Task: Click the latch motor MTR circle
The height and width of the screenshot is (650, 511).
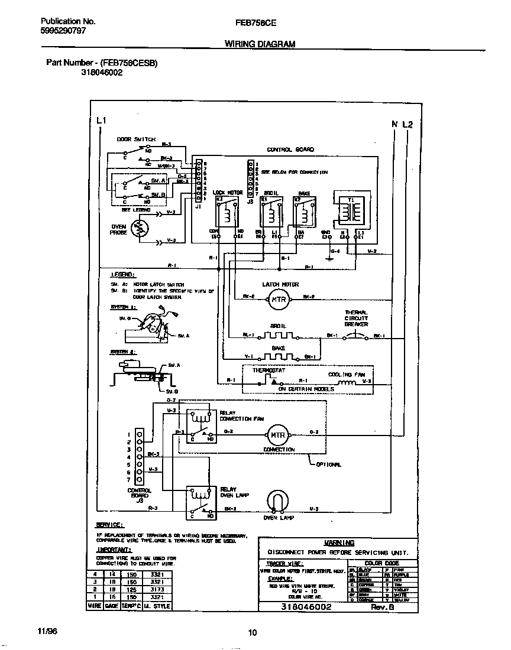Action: pyautogui.click(x=278, y=299)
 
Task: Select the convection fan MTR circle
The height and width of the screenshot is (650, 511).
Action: pyautogui.click(x=278, y=435)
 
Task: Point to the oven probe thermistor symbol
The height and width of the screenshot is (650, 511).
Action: pyautogui.click(x=140, y=229)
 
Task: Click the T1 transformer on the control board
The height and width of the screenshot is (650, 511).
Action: pyautogui.click(x=350, y=208)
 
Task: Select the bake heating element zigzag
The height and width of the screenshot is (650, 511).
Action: pyautogui.click(x=278, y=357)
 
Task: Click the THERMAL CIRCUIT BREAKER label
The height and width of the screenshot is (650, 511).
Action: pyautogui.click(x=357, y=318)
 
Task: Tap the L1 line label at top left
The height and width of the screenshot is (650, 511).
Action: pyautogui.click(x=101, y=121)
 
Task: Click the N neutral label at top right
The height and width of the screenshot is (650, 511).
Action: pyautogui.click(x=394, y=124)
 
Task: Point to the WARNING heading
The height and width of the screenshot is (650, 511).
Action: pyautogui.click(x=339, y=542)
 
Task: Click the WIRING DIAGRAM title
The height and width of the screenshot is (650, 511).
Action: pyautogui.click(x=260, y=44)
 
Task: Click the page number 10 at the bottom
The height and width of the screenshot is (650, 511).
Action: pyautogui.click(x=252, y=633)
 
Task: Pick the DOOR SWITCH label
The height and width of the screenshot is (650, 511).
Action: pyautogui.click(x=135, y=139)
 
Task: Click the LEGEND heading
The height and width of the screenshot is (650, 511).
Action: pyautogui.click(x=122, y=275)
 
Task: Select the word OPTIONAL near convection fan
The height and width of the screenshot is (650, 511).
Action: pyautogui.click(x=328, y=464)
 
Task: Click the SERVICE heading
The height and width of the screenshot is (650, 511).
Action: pyautogui.click(x=109, y=525)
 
